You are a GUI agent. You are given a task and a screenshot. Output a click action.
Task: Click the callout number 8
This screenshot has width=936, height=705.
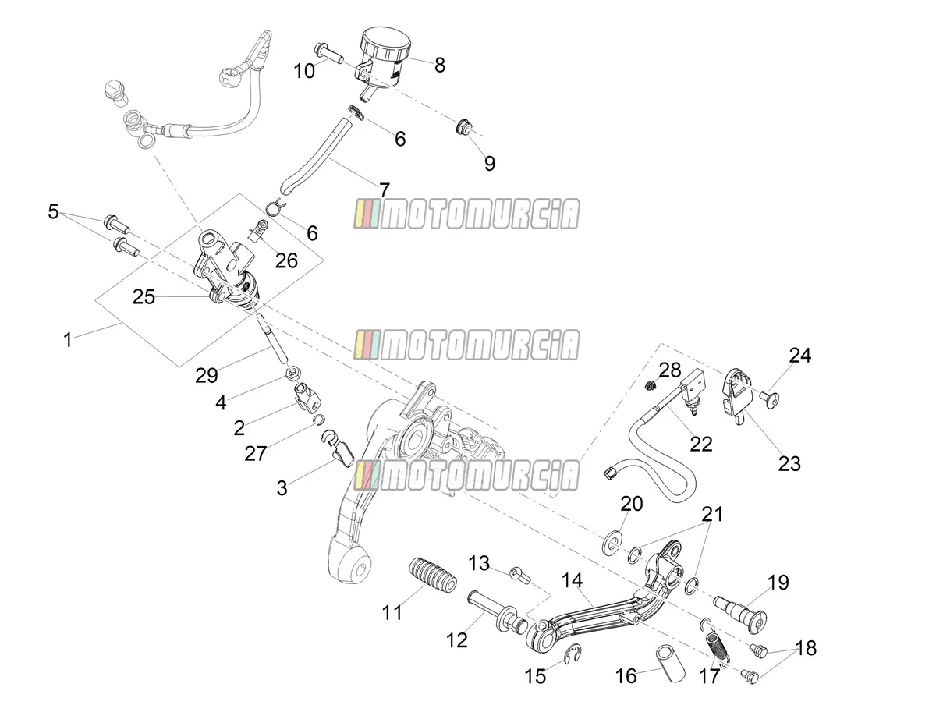[x=440, y=66]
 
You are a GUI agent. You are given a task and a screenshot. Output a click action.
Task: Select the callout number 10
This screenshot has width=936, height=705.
[x=304, y=71]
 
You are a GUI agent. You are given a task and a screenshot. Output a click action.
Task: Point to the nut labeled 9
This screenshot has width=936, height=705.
[x=463, y=126]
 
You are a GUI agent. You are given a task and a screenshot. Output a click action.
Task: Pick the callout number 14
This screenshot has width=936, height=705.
[x=572, y=580]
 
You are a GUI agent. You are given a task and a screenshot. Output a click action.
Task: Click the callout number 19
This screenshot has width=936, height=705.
[x=778, y=583]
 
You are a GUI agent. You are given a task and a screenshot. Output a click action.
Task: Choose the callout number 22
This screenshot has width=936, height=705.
[x=701, y=445]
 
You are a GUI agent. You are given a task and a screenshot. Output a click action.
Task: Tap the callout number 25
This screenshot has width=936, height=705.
[x=144, y=297]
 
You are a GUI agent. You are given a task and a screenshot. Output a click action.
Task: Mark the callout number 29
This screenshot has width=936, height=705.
[x=207, y=376]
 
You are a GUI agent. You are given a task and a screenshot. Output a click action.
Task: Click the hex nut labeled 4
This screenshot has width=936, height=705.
[x=292, y=374]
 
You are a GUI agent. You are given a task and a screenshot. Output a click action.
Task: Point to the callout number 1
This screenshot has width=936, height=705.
[x=67, y=340]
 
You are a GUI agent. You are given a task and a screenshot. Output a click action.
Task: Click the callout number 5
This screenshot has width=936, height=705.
[x=53, y=211]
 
